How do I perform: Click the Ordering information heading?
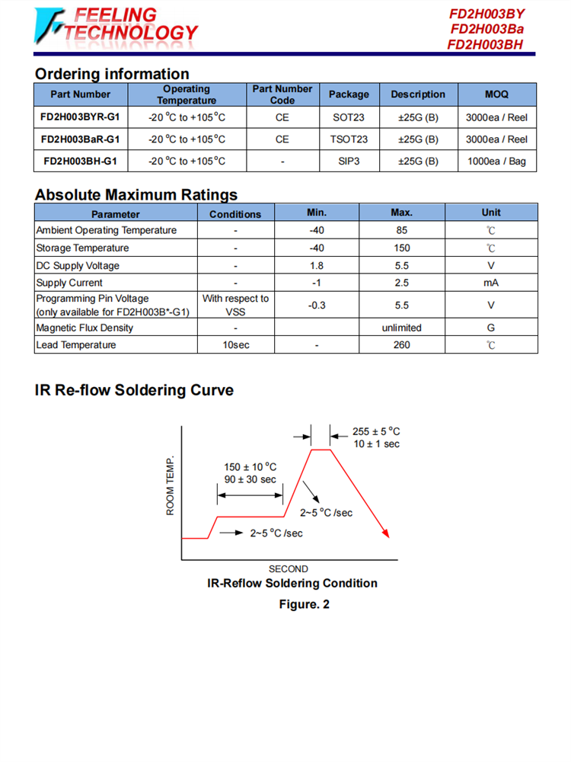112,74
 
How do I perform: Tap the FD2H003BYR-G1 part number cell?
80,117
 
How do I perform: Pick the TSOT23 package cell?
349,139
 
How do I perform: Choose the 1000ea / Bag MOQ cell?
496,161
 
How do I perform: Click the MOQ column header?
496,94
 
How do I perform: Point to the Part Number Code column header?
282,94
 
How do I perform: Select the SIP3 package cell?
349,161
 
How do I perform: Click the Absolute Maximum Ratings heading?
136,194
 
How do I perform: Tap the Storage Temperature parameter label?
82,248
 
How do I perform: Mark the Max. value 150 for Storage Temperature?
402,248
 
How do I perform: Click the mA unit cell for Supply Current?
491,283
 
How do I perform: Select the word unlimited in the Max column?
402,328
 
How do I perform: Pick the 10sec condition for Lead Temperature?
235,345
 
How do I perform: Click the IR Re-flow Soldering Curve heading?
134,390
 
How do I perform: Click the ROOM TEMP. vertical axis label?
171,485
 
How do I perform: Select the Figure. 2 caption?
292,604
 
